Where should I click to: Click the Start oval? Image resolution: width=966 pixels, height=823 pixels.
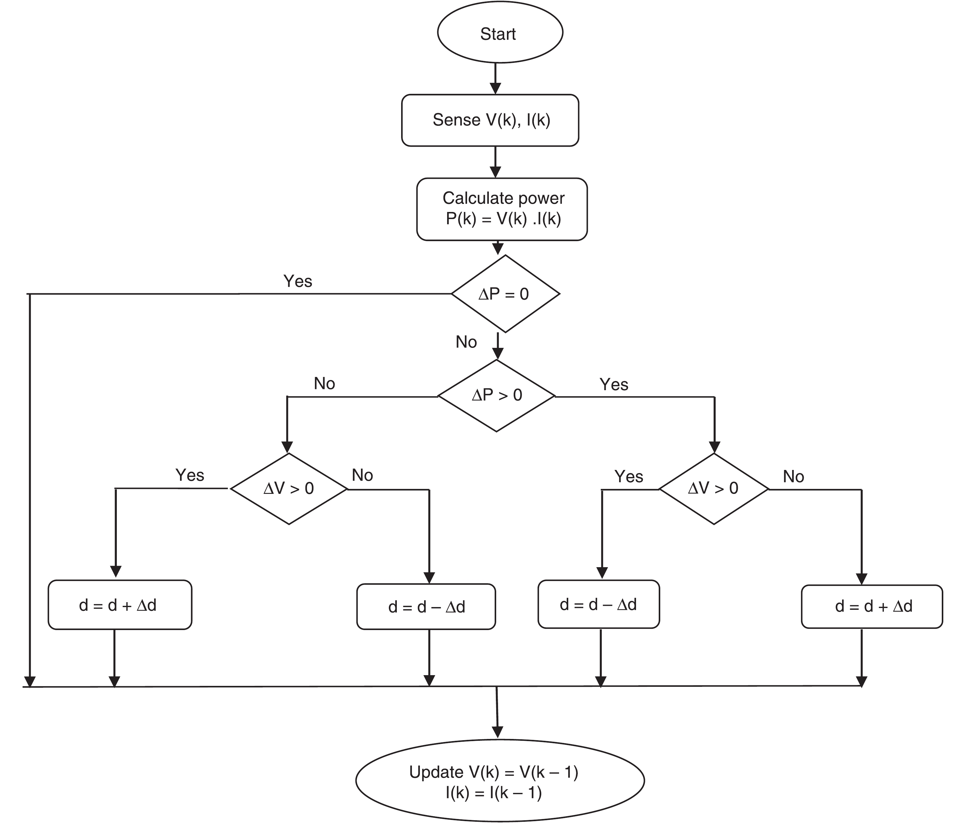coord(500,33)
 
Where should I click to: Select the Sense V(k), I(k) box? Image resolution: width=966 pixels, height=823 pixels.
coord(490,120)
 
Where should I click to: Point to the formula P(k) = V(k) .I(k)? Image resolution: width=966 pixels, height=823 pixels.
coord(503,219)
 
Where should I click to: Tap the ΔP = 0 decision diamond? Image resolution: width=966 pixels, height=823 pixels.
coord(505,294)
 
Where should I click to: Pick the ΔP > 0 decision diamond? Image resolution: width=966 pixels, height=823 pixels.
coord(496,395)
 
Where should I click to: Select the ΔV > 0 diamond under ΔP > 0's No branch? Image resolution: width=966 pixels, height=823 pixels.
coord(289,489)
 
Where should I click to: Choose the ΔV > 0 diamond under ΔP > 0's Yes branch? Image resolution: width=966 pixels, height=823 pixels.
coord(713,489)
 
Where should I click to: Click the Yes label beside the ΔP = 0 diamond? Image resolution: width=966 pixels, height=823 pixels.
coord(297,281)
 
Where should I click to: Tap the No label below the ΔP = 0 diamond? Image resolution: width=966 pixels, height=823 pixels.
coord(466,342)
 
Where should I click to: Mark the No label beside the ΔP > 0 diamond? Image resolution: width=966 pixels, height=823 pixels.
coord(324,383)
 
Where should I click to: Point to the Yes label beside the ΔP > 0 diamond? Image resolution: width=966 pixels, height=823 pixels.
coord(614,384)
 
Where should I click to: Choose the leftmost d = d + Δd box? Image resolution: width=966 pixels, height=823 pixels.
coord(120,605)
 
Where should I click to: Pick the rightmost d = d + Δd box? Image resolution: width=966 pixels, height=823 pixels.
coord(872,606)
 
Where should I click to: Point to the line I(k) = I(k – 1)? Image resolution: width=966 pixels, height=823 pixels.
coord(493,793)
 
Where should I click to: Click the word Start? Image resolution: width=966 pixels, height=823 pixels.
coord(498,34)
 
